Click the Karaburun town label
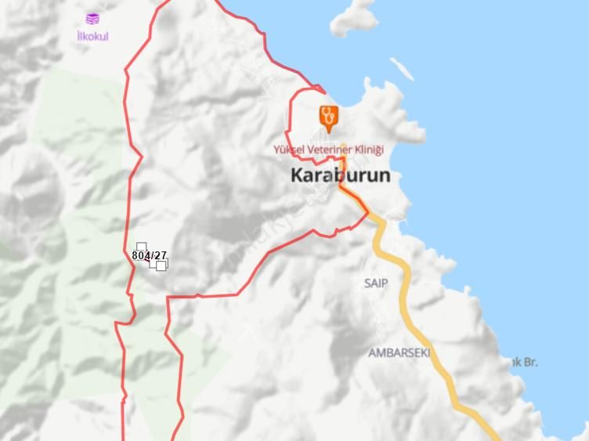340,175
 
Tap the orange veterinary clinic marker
329,117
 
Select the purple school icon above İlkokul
92,19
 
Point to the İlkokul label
92,36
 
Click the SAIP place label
376,283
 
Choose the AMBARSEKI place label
399,352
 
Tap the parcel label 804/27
149,255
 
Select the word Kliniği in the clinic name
367,150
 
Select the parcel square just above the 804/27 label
142,247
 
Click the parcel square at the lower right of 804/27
161,266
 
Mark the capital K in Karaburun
298,175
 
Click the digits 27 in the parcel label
161,255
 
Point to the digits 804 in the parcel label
141,255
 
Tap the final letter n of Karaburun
383,175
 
